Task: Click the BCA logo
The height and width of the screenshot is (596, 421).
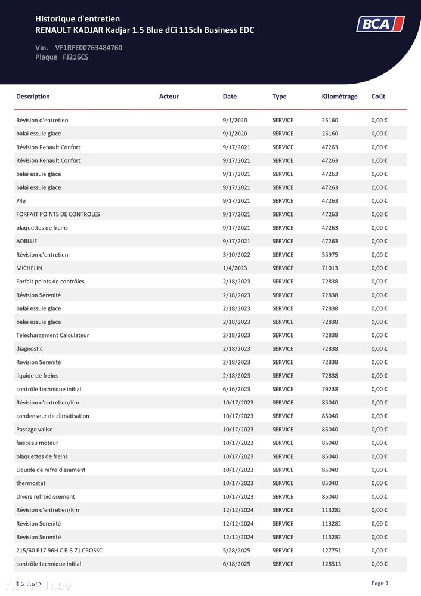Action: point(380,24)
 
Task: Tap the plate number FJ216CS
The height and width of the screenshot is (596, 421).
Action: point(76,57)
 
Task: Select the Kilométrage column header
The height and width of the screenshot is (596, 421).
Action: point(339,97)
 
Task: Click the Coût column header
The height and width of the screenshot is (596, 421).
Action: point(378,97)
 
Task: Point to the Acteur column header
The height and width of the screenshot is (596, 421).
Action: point(169,97)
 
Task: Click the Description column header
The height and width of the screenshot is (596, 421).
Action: point(33,97)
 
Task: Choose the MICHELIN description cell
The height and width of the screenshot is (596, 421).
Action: point(29,268)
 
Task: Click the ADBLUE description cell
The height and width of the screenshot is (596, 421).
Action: point(26,242)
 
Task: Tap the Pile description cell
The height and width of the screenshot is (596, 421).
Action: point(21,201)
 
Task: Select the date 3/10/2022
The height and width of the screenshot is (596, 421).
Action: point(237,255)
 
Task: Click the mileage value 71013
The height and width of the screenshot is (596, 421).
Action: point(330,268)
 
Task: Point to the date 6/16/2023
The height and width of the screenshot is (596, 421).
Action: point(237,389)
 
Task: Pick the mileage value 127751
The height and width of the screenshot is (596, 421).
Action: point(332,551)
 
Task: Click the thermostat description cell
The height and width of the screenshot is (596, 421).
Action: point(31,483)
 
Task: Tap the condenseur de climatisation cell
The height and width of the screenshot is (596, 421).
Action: point(52,416)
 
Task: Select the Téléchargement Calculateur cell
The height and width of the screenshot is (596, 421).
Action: point(52,335)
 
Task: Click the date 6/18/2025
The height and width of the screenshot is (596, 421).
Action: point(237,564)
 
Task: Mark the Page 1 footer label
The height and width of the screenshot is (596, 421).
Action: point(379,583)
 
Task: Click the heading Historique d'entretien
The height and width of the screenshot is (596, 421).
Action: point(78,20)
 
